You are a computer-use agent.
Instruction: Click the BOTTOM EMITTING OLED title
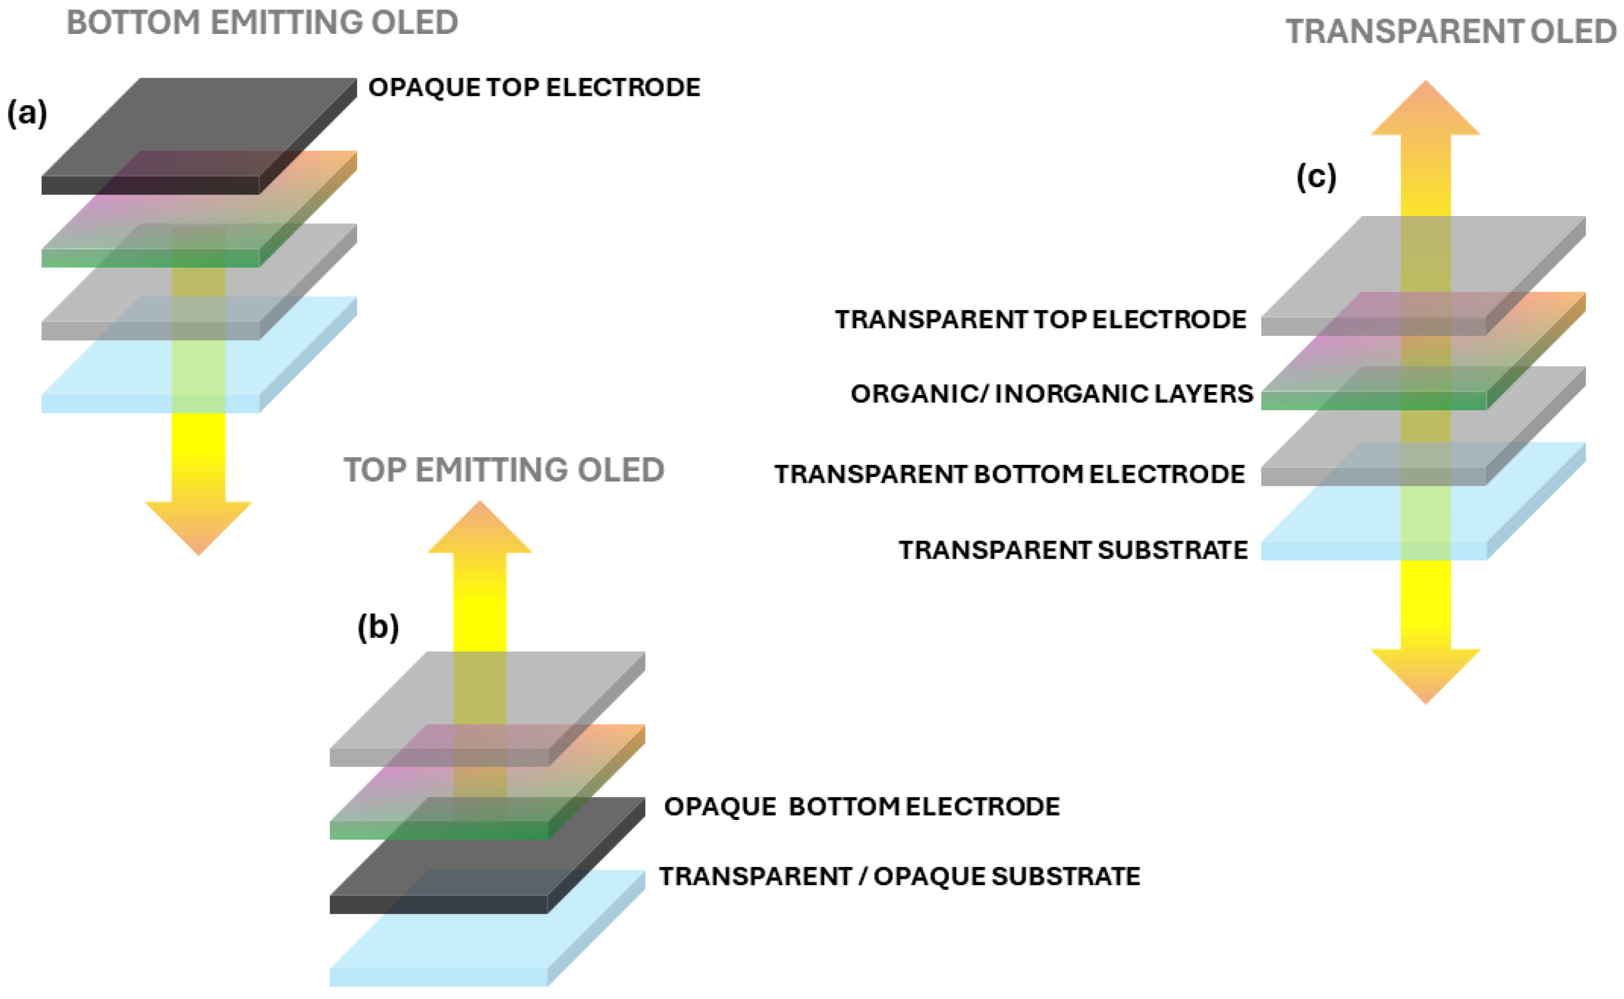pyautogui.click(x=262, y=23)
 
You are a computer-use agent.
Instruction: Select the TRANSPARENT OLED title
pyautogui.click(x=1450, y=32)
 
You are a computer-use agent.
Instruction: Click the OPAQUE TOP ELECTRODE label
pyautogui.click(x=534, y=87)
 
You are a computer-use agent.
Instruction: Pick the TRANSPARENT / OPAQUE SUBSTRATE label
pyautogui.click(x=900, y=877)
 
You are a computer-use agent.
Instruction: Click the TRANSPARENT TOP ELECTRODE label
pyautogui.click(x=1040, y=320)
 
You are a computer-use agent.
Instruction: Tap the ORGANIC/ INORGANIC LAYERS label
pyautogui.click(x=1052, y=394)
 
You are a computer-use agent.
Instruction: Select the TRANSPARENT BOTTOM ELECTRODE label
pyautogui.click(x=1009, y=474)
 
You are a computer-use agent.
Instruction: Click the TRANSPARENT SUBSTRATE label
pyautogui.click(x=1073, y=551)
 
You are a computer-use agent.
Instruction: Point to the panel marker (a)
pyautogui.click(x=27, y=114)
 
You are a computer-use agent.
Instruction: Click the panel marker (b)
pyautogui.click(x=378, y=626)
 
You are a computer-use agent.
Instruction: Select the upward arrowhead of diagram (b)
pyautogui.click(x=480, y=529)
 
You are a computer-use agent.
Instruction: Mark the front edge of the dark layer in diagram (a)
pyautogui.click(x=150, y=186)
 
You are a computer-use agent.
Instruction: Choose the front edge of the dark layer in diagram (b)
pyautogui.click(x=438, y=905)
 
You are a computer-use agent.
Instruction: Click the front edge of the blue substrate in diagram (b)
pyautogui.click(x=438, y=977)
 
